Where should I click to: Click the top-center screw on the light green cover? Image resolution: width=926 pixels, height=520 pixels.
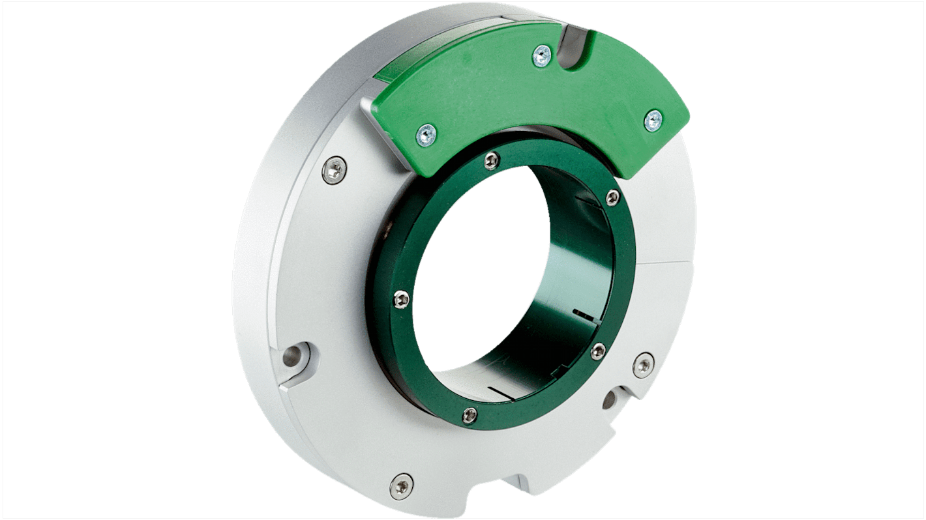point(541,57)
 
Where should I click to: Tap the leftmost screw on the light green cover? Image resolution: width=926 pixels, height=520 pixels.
point(426,135)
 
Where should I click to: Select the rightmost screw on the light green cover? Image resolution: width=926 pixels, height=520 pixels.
point(653,120)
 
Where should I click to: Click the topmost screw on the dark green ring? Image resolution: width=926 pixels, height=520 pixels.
point(493,160)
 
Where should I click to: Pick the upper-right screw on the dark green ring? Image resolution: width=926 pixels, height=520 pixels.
point(612,197)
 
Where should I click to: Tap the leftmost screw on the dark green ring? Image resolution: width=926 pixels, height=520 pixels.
point(402,299)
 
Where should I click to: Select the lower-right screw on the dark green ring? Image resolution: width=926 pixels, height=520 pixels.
point(598,352)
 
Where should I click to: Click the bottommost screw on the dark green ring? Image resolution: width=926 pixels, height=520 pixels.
point(470,414)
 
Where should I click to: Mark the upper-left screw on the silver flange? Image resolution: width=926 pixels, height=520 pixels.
point(335,171)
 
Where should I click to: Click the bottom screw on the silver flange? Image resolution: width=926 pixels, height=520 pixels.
point(401,485)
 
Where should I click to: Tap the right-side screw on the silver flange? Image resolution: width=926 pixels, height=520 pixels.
point(644,365)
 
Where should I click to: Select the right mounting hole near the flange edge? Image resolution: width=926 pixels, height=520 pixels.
point(611,399)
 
